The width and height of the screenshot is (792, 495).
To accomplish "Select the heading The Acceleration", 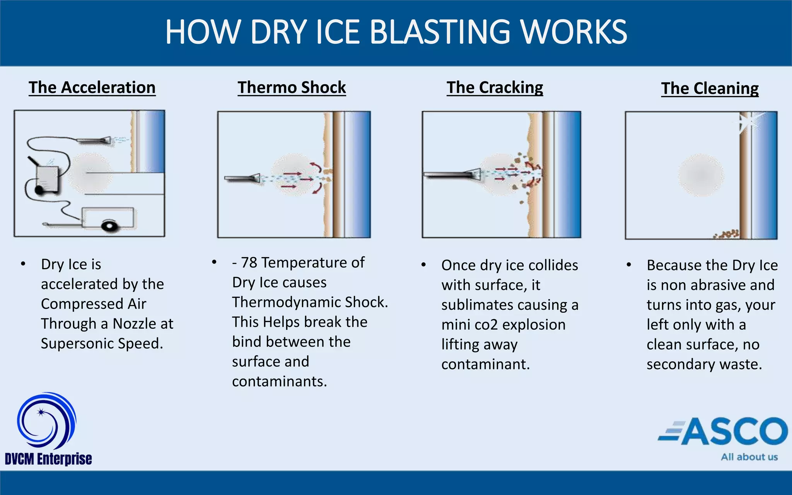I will coord(92,88).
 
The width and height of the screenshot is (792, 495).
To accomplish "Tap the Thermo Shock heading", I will coord(292,88).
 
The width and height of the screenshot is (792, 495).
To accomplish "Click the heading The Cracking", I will coord(495,88).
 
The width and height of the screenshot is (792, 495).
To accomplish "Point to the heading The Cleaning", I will coord(710,89).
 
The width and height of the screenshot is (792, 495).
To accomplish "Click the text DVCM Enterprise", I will coord(48,459).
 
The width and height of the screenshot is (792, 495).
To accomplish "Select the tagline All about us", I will coord(749,457).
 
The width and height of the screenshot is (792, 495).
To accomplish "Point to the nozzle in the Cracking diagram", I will coord(452,174).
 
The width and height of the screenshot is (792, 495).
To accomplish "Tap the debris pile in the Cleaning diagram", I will coord(727,234).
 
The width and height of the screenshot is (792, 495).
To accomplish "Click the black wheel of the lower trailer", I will coord(109,225).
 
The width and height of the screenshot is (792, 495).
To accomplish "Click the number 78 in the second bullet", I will coord(249,263).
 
